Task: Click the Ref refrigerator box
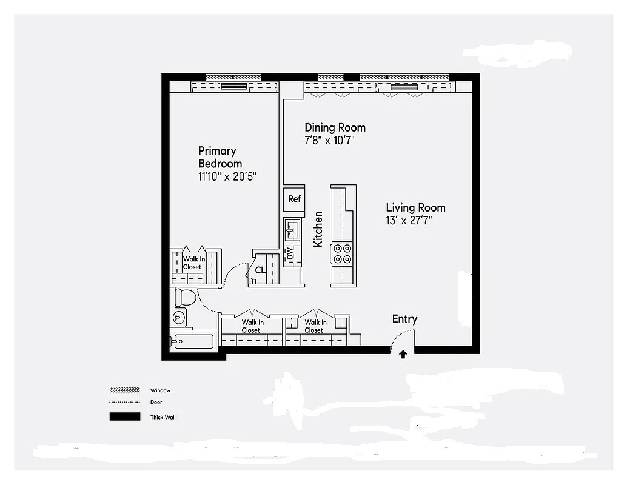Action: pyautogui.click(x=294, y=199)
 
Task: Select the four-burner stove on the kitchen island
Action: pyautogui.click(x=343, y=253)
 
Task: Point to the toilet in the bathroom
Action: pyautogui.click(x=185, y=298)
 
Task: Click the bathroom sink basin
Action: pyautogui.click(x=179, y=317)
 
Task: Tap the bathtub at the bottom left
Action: pyautogui.click(x=193, y=342)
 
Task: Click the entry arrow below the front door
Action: pyautogui.click(x=403, y=355)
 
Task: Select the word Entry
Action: pyautogui.click(x=404, y=319)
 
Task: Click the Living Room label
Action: pyautogui.click(x=415, y=208)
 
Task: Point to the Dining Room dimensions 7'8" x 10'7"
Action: pyautogui.click(x=329, y=141)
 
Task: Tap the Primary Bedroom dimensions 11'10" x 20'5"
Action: pyautogui.click(x=227, y=177)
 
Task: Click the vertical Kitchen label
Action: pyautogui.click(x=318, y=229)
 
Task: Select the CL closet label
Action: pyautogui.click(x=260, y=270)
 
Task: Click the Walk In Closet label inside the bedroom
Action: pyautogui.click(x=192, y=263)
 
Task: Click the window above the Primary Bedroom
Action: pyautogui.click(x=233, y=77)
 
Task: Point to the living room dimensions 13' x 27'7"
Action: pyautogui.click(x=409, y=221)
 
